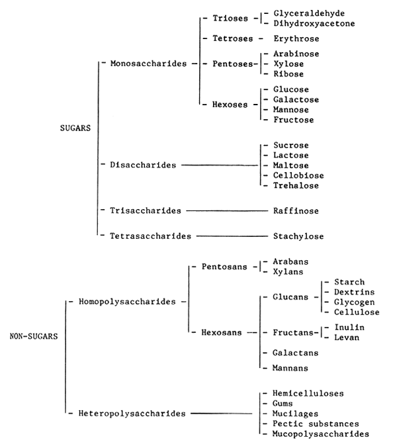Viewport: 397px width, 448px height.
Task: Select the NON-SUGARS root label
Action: (34, 336)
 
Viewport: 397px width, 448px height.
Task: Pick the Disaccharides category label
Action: (144, 165)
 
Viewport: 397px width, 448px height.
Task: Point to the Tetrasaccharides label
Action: (151, 235)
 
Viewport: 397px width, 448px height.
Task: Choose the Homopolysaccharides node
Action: (128, 302)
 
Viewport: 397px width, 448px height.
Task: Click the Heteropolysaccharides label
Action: (130, 414)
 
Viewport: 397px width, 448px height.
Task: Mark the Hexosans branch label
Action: (222, 332)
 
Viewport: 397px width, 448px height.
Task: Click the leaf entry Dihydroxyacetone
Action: (314, 23)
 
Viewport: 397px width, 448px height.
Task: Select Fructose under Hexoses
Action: (294, 120)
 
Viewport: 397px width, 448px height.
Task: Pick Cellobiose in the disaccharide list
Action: (298, 175)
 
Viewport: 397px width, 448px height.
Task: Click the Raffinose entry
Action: (296, 210)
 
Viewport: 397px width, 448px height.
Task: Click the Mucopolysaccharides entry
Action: (320, 434)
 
